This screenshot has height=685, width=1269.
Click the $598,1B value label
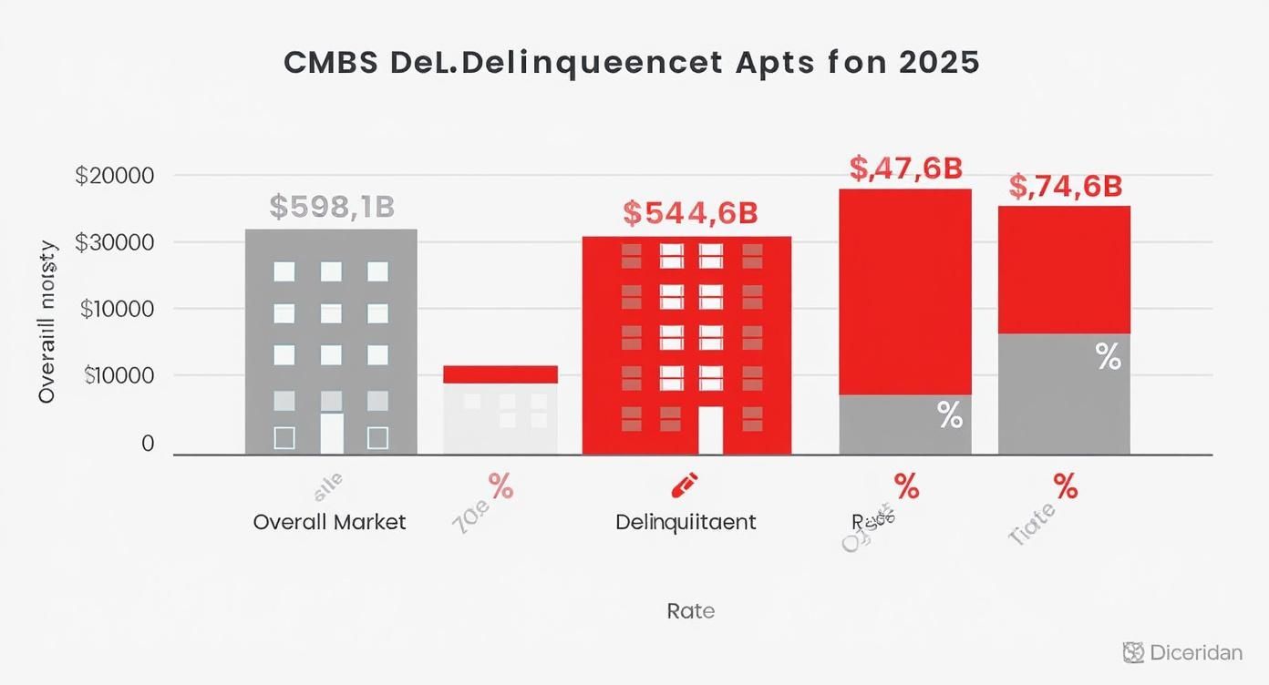(x=332, y=207)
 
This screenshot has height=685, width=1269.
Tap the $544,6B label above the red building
(x=690, y=213)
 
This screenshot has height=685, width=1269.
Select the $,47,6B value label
(x=905, y=168)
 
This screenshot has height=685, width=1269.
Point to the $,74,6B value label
(x=1065, y=186)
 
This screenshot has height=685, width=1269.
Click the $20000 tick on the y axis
(x=114, y=175)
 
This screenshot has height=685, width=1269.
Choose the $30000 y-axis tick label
(x=114, y=242)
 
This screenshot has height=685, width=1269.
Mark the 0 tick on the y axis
(x=147, y=444)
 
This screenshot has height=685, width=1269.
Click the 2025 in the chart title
(x=938, y=62)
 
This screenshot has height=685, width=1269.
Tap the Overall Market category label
(x=329, y=522)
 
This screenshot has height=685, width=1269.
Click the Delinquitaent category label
(x=686, y=522)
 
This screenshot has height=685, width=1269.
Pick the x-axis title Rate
(x=690, y=611)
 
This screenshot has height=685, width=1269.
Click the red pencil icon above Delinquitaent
(x=684, y=485)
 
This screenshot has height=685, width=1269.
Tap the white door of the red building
(x=710, y=430)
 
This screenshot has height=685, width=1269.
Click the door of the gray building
(x=332, y=434)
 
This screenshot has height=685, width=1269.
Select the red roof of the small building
(x=500, y=373)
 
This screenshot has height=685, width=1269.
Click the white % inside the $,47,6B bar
(x=950, y=417)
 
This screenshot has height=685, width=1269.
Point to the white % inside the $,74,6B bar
(x=1108, y=357)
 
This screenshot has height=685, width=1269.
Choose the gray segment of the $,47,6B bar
(x=904, y=424)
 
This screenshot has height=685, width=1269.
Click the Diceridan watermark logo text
(x=1195, y=652)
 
